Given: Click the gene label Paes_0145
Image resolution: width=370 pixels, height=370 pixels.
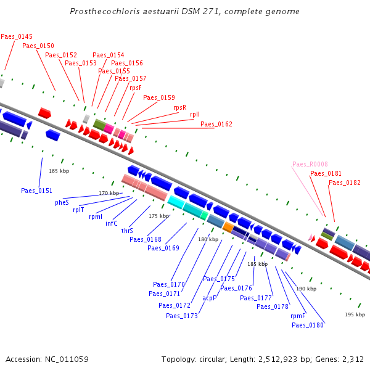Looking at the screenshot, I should (x=17, y=37).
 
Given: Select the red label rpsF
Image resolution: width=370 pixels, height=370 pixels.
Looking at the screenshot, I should (x=136, y=88).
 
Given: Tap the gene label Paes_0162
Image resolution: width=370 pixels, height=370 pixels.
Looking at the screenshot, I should (x=216, y=125).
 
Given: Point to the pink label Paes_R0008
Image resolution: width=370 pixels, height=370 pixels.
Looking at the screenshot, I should (x=310, y=165).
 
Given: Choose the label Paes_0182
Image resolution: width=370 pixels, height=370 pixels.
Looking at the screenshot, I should (x=345, y=183).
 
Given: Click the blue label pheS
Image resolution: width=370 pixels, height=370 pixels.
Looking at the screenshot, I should (x=62, y=202).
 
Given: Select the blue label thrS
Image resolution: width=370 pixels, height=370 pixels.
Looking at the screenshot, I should (x=127, y=231).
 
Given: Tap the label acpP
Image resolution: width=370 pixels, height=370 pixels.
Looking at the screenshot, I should (x=209, y=298).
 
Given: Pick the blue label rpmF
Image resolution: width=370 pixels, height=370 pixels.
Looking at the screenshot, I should (x=298, y=316).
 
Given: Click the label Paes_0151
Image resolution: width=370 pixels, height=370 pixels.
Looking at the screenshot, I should (x=36, y=191).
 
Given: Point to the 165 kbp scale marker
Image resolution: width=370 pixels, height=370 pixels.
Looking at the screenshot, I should (x=59, y=171).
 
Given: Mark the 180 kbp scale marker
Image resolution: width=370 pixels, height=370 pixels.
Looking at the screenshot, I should (x=208, y=239).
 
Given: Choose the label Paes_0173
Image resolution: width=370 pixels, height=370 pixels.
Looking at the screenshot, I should (x=182, y=316).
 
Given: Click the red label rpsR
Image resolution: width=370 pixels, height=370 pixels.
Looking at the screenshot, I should (x=179, y=107).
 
